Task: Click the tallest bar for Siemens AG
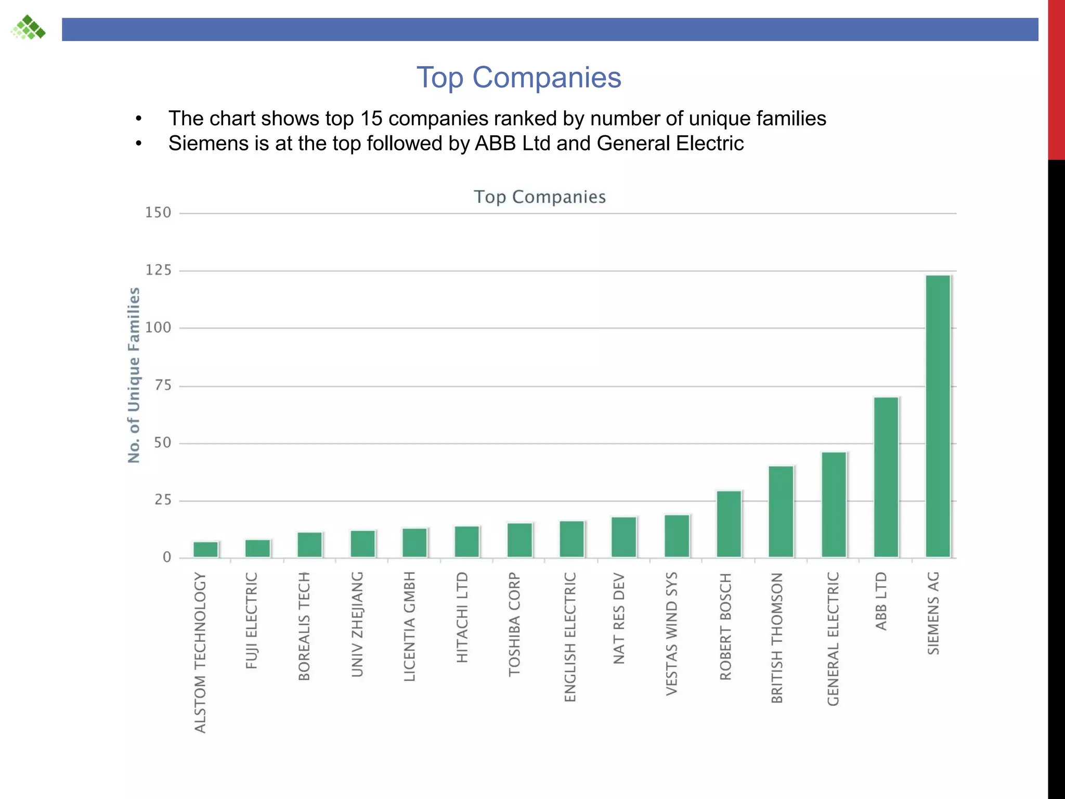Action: click(x=938, y=416)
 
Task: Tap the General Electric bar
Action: click(x=834, y=505)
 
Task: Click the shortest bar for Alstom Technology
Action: click(x=205, y=549)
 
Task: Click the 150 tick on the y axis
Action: click(x=158, y=213)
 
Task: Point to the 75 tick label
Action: click(x=162, y=385)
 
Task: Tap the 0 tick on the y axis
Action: click(x=166, y=558)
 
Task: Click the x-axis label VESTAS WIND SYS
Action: click(x=672, y=634)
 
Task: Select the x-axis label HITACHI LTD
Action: click(x=462, y=617)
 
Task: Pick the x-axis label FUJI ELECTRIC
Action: click(x=251, y=621)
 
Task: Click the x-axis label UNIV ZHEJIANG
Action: click(x=357, y=624)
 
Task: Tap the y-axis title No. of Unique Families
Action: click(x=134, y=375)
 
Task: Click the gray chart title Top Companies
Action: click(x=540, y=197)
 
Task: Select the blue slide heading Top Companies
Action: click(x=518, y=78)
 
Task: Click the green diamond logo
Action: click(x=28, y=28)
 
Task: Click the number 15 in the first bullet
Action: click(x=371, y=119)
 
